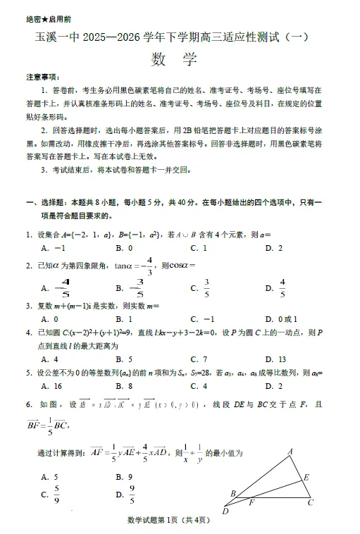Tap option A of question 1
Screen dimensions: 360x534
click(53, 248)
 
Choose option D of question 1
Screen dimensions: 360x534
click(274, 248)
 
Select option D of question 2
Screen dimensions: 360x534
click(275, 287)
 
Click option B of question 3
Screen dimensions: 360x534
click(125, 318)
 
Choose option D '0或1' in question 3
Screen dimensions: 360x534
click(279, 318)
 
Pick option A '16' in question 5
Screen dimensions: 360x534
click(53, 386)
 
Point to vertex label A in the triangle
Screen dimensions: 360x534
click(290, 452)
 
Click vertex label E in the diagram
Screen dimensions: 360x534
click(306, 477)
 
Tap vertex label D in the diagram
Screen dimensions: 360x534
click(225, 511)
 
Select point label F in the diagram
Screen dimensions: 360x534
click(251, 503)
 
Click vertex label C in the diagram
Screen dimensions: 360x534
click(310, 502)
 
